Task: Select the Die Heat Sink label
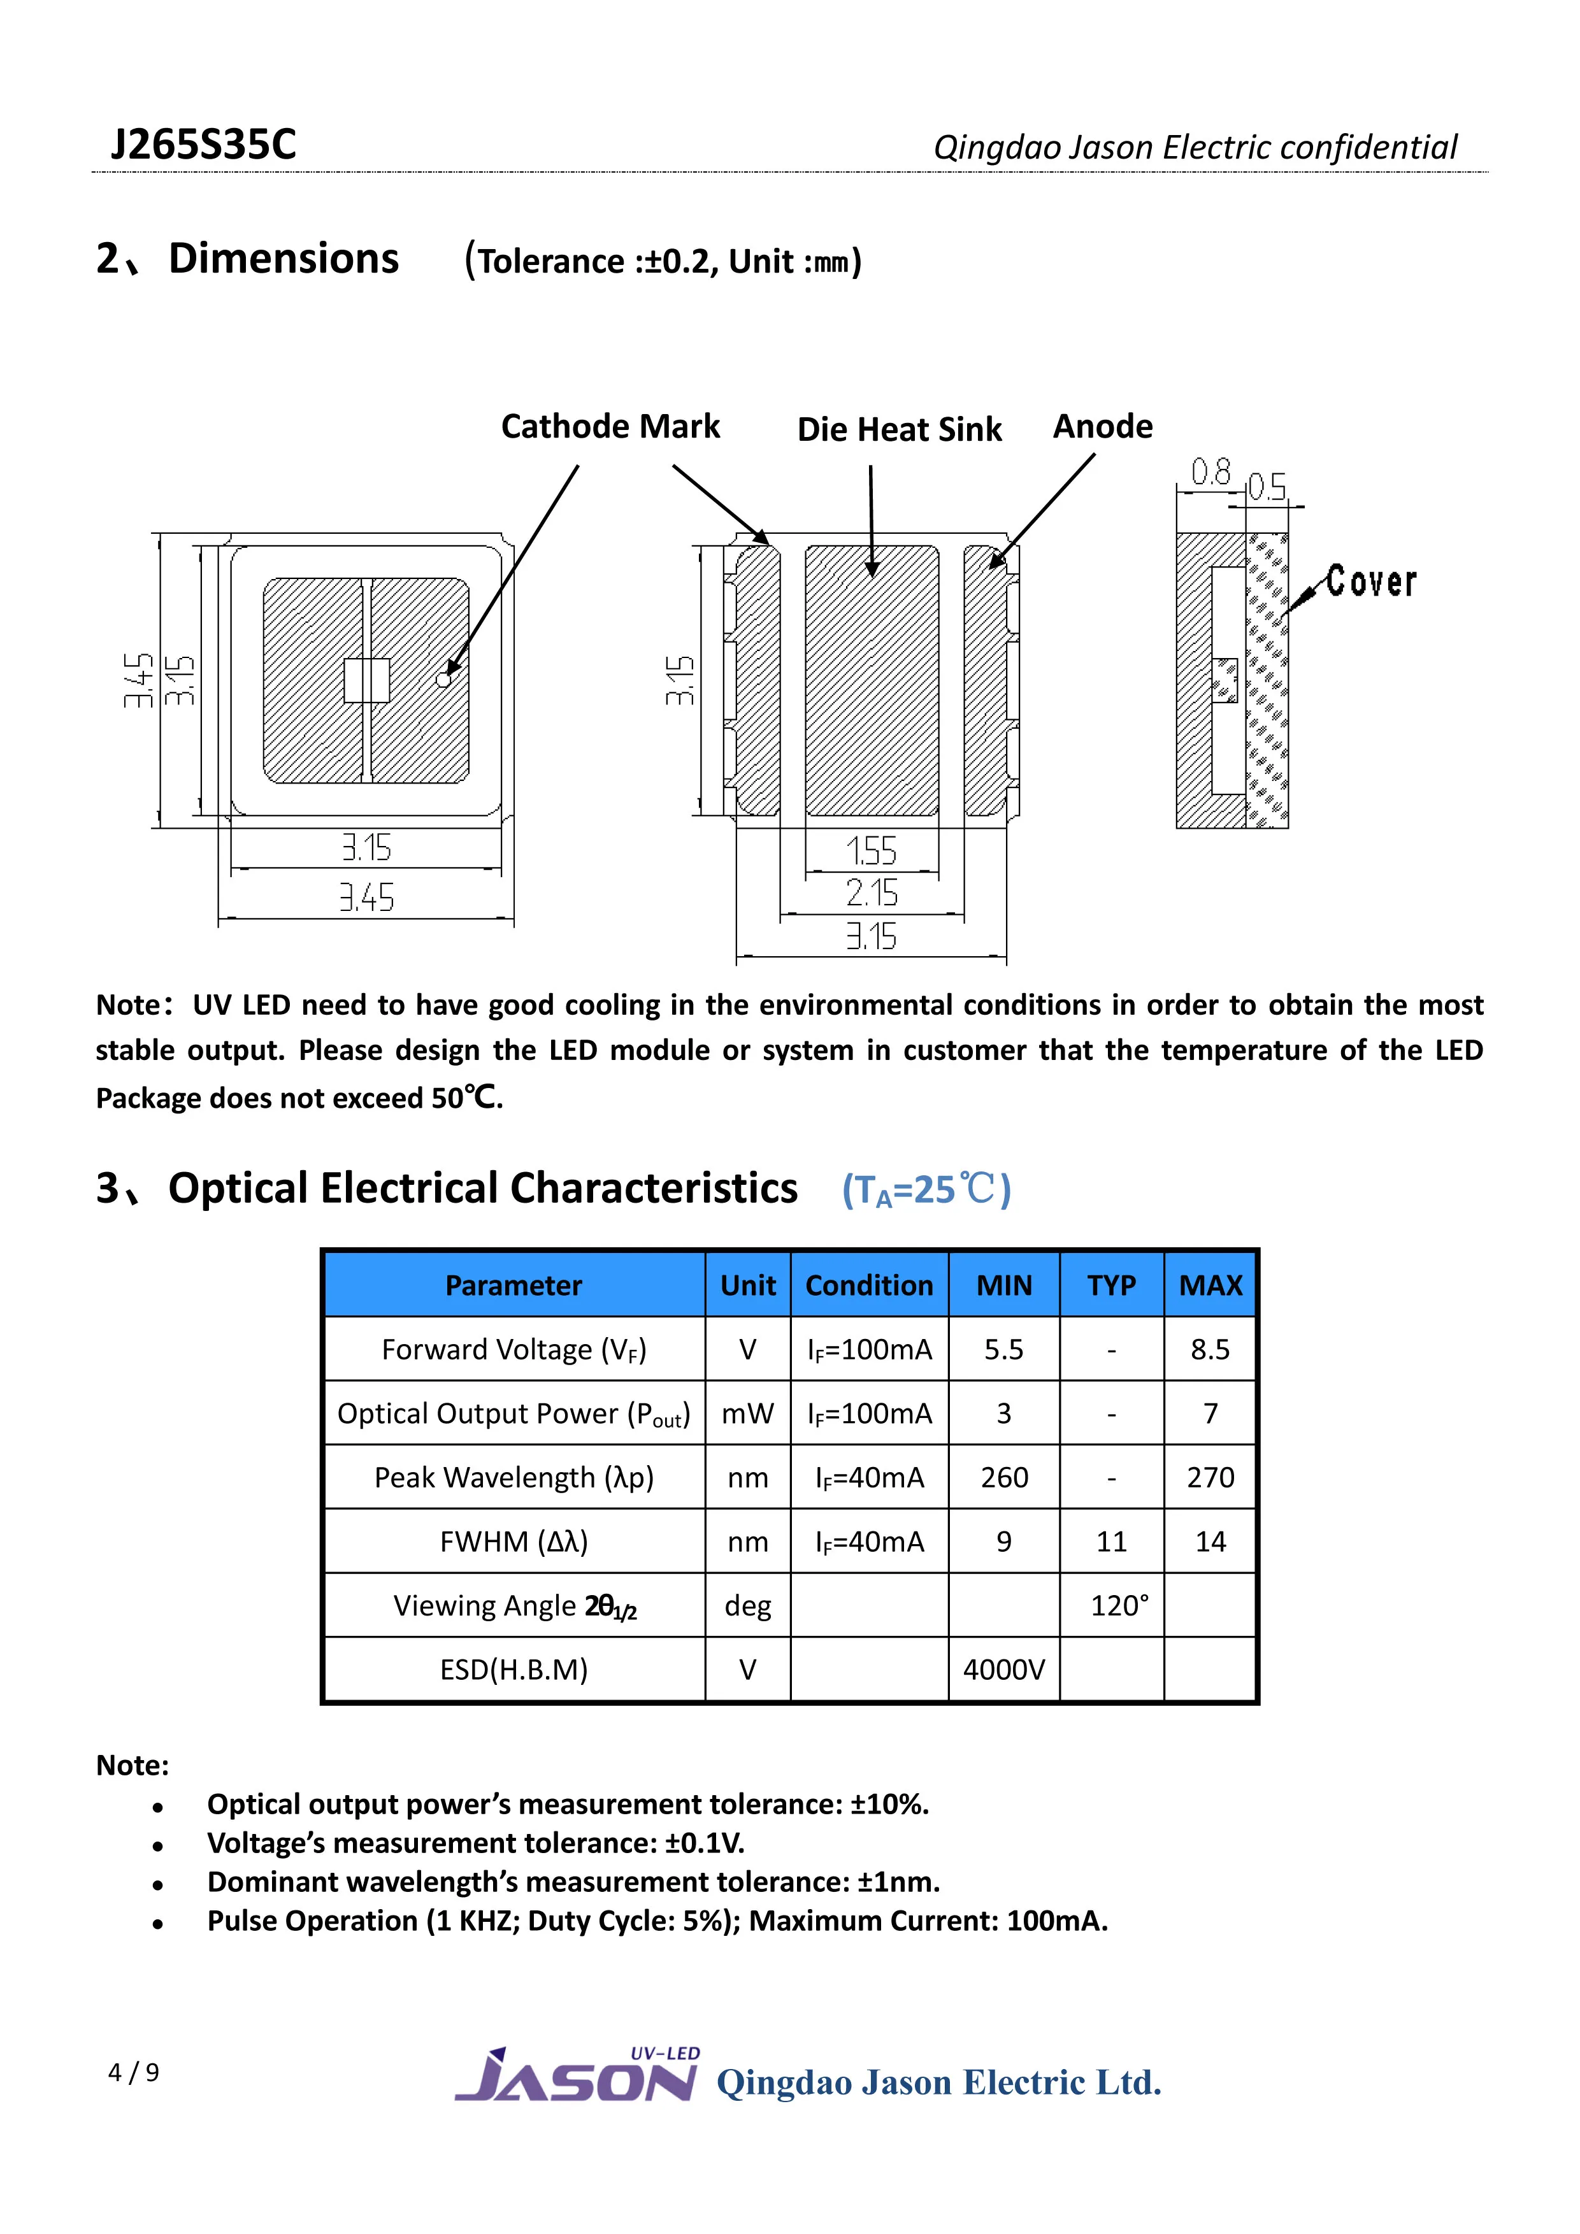[x=899, y=429]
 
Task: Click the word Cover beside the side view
[x=1371, y=582]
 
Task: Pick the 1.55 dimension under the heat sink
[x=871, y=852]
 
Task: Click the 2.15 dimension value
[x=871, y=893]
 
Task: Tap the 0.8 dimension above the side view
[x=1211, y=473]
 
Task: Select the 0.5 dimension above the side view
[x=1267, y=487]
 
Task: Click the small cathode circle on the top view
[x=443, y=679]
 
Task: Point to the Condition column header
[x=869, y=1285]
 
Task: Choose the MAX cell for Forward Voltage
[x=1210, y=1350]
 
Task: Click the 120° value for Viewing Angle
[x=1119, y=1605]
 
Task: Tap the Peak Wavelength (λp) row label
[x=513, y=1478]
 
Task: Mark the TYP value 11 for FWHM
[x=1111, y=1541]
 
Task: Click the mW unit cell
[x=747, y=1414]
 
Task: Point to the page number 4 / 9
[x=133, y=2072]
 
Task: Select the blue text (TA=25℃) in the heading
[x=926, y=1189]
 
